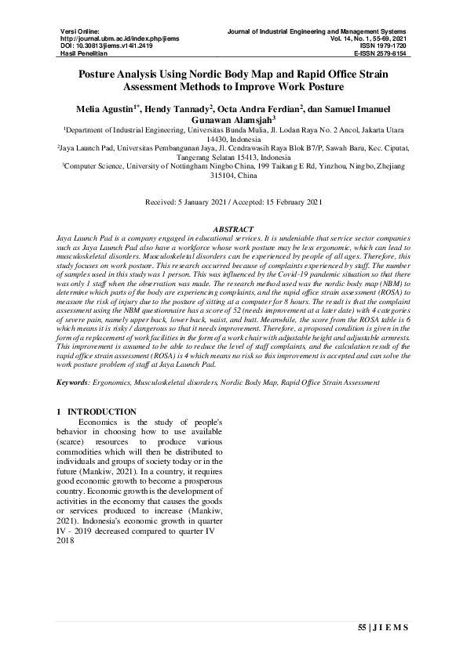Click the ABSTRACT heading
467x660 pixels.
coord(233,227)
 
